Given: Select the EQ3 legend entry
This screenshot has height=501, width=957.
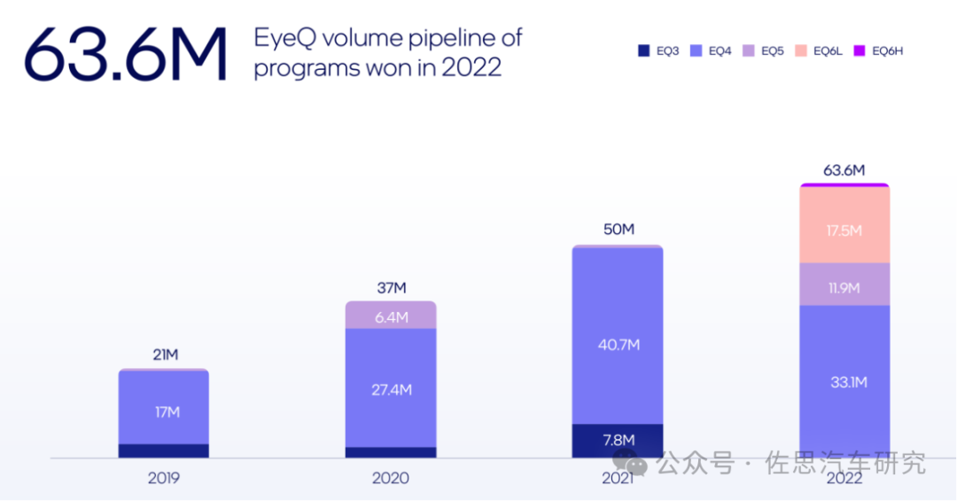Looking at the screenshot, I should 660,51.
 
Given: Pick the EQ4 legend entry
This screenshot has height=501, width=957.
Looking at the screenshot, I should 712,51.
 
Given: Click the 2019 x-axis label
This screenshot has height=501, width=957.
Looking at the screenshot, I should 164,478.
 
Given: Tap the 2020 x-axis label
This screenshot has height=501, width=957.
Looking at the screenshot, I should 391,478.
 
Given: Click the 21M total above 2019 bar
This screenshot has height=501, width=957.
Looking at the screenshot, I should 164,355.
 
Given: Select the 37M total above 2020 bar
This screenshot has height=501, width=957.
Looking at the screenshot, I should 391,287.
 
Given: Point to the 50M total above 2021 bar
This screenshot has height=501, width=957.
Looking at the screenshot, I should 618,230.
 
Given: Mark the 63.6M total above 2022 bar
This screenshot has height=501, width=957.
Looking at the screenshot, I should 844,169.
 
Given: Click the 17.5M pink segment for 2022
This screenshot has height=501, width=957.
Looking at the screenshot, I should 844,230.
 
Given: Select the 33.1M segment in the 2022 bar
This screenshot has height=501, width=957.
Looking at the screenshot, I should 844,382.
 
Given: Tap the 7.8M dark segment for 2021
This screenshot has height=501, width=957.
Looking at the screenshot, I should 618,441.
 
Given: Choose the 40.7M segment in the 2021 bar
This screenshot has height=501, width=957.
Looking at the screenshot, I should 618,344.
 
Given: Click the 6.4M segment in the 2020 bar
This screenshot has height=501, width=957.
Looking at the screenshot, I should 391,317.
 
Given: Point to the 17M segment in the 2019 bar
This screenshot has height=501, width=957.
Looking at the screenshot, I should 164,411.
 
